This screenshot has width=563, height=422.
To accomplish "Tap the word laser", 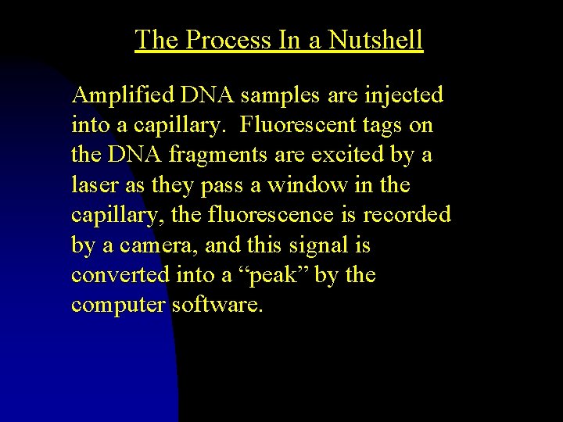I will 91,185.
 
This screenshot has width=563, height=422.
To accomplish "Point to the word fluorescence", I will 279,215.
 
